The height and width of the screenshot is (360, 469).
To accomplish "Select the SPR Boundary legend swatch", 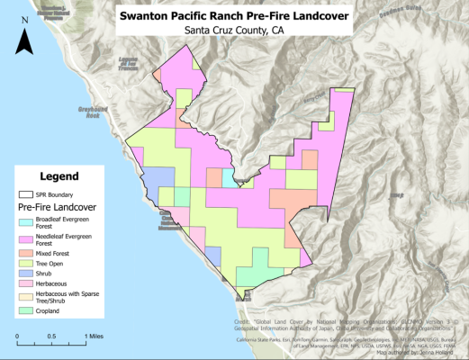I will click(26, 194).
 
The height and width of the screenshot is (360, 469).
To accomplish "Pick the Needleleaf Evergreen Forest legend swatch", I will click(26, 239).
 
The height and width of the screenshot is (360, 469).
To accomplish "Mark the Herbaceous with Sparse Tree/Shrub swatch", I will click(26, 298).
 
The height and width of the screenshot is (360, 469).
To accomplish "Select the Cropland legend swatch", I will click(26, 311).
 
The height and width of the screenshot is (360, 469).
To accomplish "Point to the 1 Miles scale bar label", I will click(95, 336).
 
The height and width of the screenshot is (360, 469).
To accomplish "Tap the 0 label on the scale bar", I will click(17, 336).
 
